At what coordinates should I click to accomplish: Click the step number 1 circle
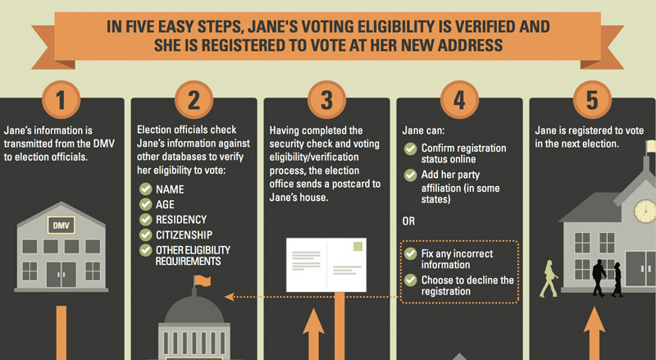pos(61,99)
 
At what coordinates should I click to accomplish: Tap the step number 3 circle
pos(326,99)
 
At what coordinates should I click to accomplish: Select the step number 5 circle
pos(592,99)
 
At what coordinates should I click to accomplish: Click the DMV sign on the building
pos(61,226)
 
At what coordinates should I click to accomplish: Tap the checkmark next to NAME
pos(146,189)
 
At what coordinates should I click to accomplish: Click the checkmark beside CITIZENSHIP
pos(146,235)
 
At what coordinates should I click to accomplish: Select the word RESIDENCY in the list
pos(181,220)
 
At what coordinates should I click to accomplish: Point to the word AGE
pos(165,205)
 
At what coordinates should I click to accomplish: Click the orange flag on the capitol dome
pos(203,281)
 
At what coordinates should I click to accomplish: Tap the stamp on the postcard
pos(358,246)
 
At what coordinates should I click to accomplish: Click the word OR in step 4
pos(408,221)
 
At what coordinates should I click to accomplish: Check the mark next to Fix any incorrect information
pos(411,253)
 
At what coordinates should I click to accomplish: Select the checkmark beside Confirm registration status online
pos(411,148)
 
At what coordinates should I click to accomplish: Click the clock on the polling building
pos(645,211)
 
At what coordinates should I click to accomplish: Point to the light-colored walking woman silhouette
pos(549,279)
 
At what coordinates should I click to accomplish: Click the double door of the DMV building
pos(61,275)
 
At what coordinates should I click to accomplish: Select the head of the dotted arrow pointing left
pos(229,297)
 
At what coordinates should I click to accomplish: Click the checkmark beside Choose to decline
pos(411,280)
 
